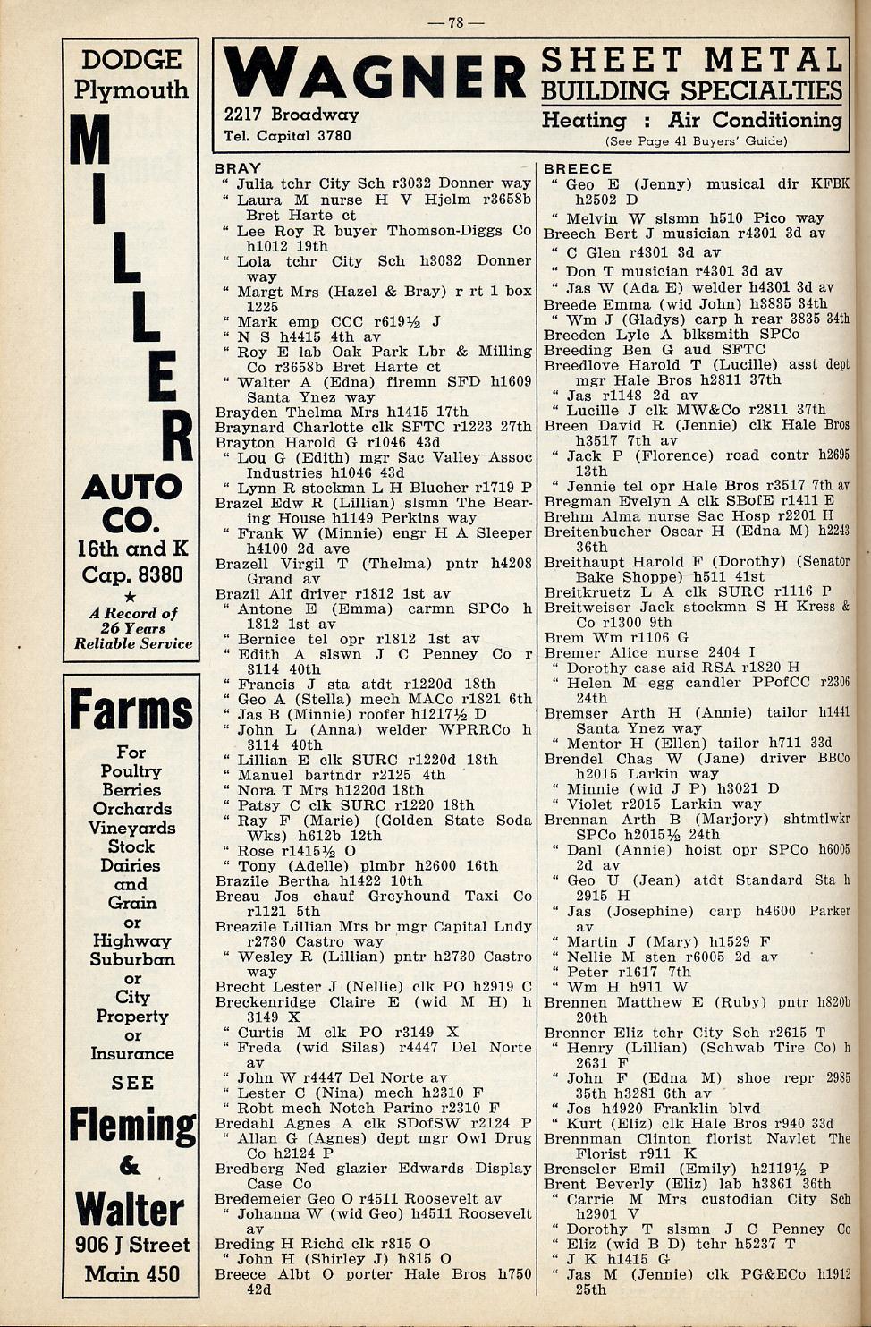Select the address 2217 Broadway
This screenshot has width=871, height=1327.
[x=292, y=115]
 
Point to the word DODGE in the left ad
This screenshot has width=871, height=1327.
[x=131, y=60]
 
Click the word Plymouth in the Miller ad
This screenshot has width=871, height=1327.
[x=131, y=90]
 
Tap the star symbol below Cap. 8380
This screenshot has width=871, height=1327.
[x=131, y=596]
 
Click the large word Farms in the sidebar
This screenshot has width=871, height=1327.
[x=131, y=711]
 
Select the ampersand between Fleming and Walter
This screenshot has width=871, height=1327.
[x=131, y=1165]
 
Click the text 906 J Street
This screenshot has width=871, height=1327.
[x=131, y=1245]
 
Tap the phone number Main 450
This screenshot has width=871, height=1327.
[x=131, y=1273]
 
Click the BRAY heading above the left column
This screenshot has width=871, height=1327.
[x=237, y=168]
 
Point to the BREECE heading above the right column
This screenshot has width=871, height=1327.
[x=578, y=168]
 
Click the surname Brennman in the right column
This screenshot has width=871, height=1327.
[x=581, y=1138]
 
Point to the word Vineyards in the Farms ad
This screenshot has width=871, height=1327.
[x=131, y=828]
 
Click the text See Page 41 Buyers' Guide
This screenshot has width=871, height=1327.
[x=696, y=141]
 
